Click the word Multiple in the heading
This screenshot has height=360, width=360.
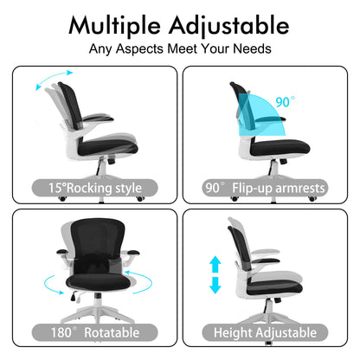click(x=114, y=26)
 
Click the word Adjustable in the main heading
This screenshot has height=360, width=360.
click(x=229, y=26)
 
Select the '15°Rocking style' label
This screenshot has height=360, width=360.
click(x=95, y=188)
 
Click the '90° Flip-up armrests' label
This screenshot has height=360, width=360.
click(x=265, y=188)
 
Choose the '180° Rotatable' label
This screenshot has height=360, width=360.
click(x=95, y=332)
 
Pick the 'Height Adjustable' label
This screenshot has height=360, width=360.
click(x=265, y=332)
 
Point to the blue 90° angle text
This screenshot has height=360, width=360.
click(x=285, y=102)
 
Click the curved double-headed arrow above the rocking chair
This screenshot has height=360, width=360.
click(x=54, y=79)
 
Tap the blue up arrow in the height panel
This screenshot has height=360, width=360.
click(x=215, y=264)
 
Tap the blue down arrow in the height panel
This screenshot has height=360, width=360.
click(x=215, y=285)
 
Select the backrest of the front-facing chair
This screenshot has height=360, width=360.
click(x=98, y=242)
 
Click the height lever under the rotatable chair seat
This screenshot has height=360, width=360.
click(x=74, y=296)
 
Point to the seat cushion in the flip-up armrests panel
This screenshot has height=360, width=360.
click(x=280, y=147)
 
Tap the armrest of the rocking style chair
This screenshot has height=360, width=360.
click(x=98, y=119)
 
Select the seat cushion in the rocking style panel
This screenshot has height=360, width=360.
click(x=108, y=148)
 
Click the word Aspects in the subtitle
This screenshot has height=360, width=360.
click(x=139, y=48)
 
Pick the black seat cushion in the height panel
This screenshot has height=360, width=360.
click(x=274, y=288)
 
